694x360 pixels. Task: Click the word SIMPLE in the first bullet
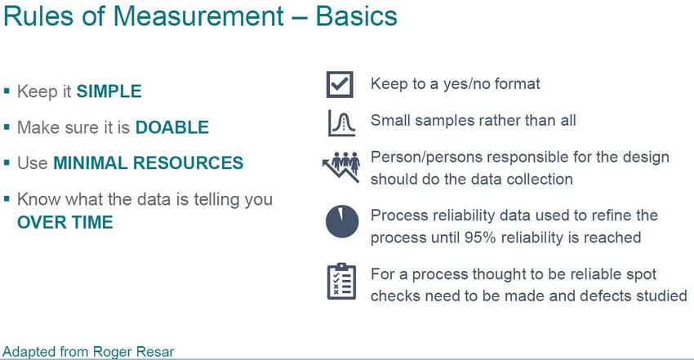pyautogui.click(x=109, y=91)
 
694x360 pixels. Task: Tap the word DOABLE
pyautogui.click(x=171, y=127)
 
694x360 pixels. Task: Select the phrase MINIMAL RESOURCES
pyautogui.click(x=149, y=162)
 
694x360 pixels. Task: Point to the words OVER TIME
pyautogui.click(x=65, y=222)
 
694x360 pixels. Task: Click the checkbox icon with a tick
pyautogui.click(x=340, y=84)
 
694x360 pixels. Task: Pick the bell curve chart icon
pyautogui.click(x=341, y=123)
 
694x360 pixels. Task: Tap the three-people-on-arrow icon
pyautogui.click(x=340, y=167)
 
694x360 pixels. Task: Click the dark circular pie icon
pyautogui.click(x=341, y=221)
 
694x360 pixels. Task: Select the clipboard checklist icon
pyautogui.click(x=341, y=282)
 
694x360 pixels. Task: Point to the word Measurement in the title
pyautogui.click(x=198, y=16)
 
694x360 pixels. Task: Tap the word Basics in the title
pyautogui.click(x=356, y=16)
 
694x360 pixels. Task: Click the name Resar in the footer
pyautogui.click(x=155, y=352)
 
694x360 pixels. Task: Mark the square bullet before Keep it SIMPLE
pyautogui.click(x=7, y=91)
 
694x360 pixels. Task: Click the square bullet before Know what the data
pyautogui.click(x=7, y=199)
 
